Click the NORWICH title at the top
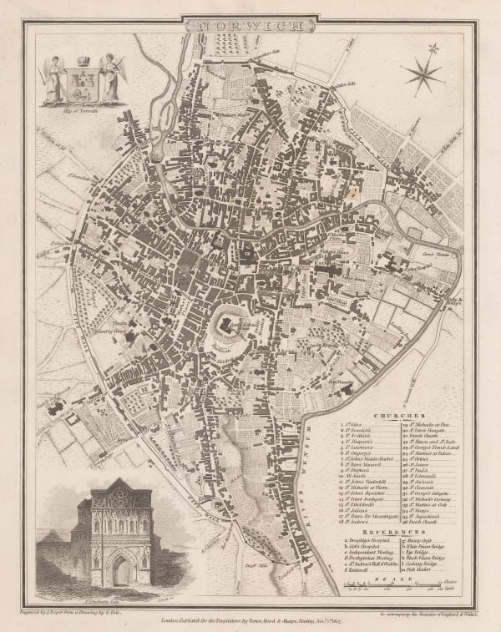click(x=250, y=26)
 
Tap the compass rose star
click(x=425, y=74)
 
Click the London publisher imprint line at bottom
click(x=250, y=619)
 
